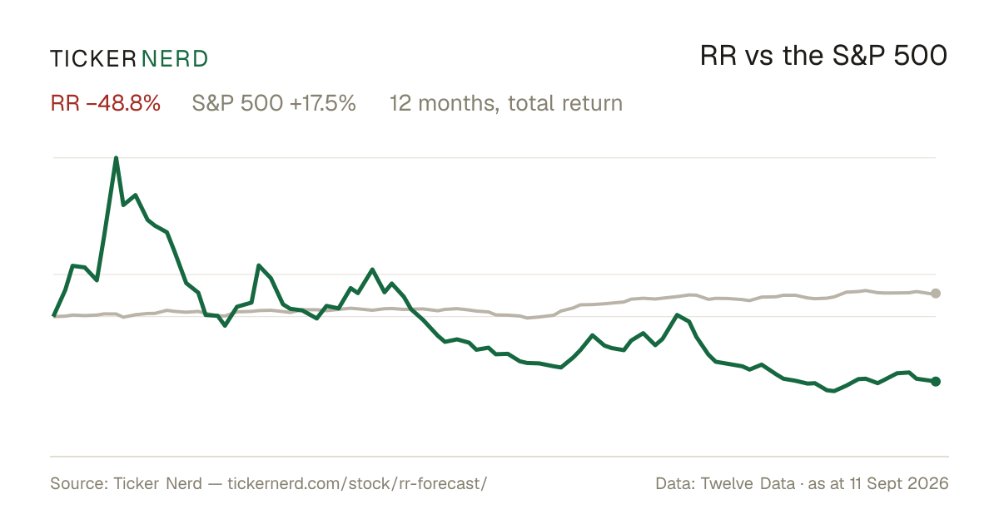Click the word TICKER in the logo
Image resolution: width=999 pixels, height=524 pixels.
coord(93,59)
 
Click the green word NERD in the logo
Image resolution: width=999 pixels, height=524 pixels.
coord(175,59)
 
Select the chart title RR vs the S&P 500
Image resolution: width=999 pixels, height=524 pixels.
coord(823,56)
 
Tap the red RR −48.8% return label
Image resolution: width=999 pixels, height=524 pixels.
coord(105,103)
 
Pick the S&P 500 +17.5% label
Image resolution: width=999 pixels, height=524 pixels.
coord(274,103)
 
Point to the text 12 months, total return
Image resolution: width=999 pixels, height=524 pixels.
coord(506,103)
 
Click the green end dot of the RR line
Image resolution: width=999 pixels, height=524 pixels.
coord(936,382)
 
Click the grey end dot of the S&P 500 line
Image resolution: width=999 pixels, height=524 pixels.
coord(936,293)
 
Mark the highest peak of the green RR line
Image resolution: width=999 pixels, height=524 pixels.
coord(116,158)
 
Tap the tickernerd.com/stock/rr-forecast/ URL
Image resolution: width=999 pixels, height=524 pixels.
coord(357,483)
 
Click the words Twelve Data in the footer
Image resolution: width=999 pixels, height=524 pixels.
coord(748,483)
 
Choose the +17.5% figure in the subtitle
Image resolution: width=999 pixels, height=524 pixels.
coord(323,103)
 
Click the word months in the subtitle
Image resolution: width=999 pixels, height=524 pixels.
coord(457,104)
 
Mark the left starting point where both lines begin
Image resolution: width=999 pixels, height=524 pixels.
coord(53,316)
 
